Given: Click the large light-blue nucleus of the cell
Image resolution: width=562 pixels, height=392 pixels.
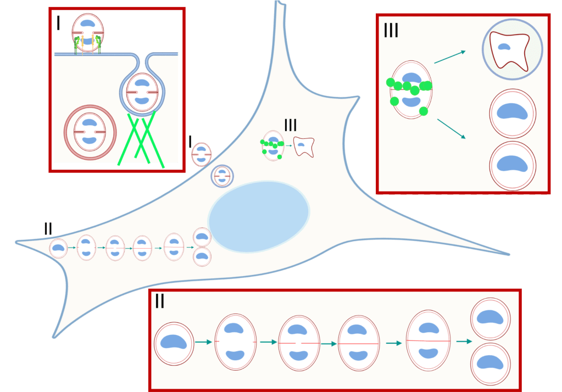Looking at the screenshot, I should tap(259, 217).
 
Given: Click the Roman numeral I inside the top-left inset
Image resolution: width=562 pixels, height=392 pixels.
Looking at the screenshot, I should tap(59, 23).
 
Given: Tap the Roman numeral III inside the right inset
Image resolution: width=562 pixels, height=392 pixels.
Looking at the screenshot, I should tap(391, 31).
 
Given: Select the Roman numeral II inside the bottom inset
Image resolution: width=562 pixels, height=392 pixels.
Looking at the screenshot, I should tap(160, 301).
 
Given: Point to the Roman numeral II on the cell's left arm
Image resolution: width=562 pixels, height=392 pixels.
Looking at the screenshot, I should tap(48, 228).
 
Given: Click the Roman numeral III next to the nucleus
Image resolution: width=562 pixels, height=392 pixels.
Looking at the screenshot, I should tap(291, 125).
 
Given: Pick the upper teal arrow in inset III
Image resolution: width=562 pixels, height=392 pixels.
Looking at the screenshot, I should tap(450, 57).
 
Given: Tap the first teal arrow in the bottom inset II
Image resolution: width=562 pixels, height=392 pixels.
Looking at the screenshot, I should tap(203, 342).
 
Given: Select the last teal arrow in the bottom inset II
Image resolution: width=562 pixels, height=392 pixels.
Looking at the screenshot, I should tap(464, 341).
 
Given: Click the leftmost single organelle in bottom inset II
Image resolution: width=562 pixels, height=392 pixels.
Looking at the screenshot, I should tap(174, 344).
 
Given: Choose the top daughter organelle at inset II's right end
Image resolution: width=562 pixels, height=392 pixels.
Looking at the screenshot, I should tap(491, 319).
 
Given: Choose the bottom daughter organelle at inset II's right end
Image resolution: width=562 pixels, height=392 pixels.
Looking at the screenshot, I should tap(491, 364).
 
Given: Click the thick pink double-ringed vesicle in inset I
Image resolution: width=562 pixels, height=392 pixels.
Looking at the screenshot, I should tap(90, 132).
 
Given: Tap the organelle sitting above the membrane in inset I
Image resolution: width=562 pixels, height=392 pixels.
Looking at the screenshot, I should tap(88, 32).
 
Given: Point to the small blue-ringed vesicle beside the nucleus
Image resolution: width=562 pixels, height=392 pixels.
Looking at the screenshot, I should tap(222, 176).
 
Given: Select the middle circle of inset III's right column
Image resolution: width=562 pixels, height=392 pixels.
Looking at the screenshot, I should tap(513, 114).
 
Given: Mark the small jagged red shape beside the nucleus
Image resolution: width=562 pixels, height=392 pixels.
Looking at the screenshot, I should tap(304, 146).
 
